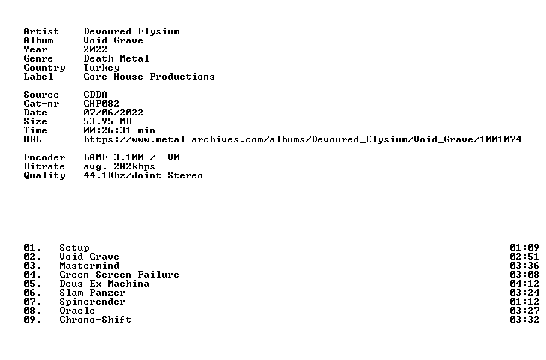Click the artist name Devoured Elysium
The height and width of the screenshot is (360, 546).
pyautogui.click(x=132, y=31)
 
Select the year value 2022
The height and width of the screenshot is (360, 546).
pyautogui.click(x=95, y=49)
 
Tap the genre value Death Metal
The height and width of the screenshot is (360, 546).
pyautogui.click(x=116, y=58)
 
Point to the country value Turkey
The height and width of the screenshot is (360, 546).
pyautogui.click(x=101, y=68)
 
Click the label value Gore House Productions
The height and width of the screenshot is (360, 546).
pyautogui.click(x=149, y=76)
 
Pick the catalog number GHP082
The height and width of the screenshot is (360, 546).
pyautogui.click(x=101, y=103)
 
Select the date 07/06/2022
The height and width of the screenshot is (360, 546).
pyautogui.click(x=113, y=112)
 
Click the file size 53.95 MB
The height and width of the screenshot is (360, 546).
pyautogui.click(x=107, y=121)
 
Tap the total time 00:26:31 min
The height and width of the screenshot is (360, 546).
pyautogui.click(x=119, y=130)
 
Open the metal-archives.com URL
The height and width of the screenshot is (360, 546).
pyautogui.click(x=302, y=139)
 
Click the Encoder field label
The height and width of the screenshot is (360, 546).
pyautogui.click(x=44, y=157)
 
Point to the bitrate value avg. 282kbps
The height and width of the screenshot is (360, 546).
pyautogui.click(x=119, y=166)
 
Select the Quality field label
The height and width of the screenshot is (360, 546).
pyautogui.click(x=44, y=175)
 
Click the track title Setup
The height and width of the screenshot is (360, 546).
pyautogui.click(x=74, y=247)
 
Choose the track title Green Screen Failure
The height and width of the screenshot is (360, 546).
pyautogui.click(x=119, y=274)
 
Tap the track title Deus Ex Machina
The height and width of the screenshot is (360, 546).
pyautogui.click(x=104, y=283)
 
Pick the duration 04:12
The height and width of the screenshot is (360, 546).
pyautogui.click(x=524, y=283)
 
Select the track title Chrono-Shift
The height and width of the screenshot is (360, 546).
pyautogui.click(x=95, y=319)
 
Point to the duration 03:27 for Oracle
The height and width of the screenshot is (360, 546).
pyautogui.click(x=524, y=310)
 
